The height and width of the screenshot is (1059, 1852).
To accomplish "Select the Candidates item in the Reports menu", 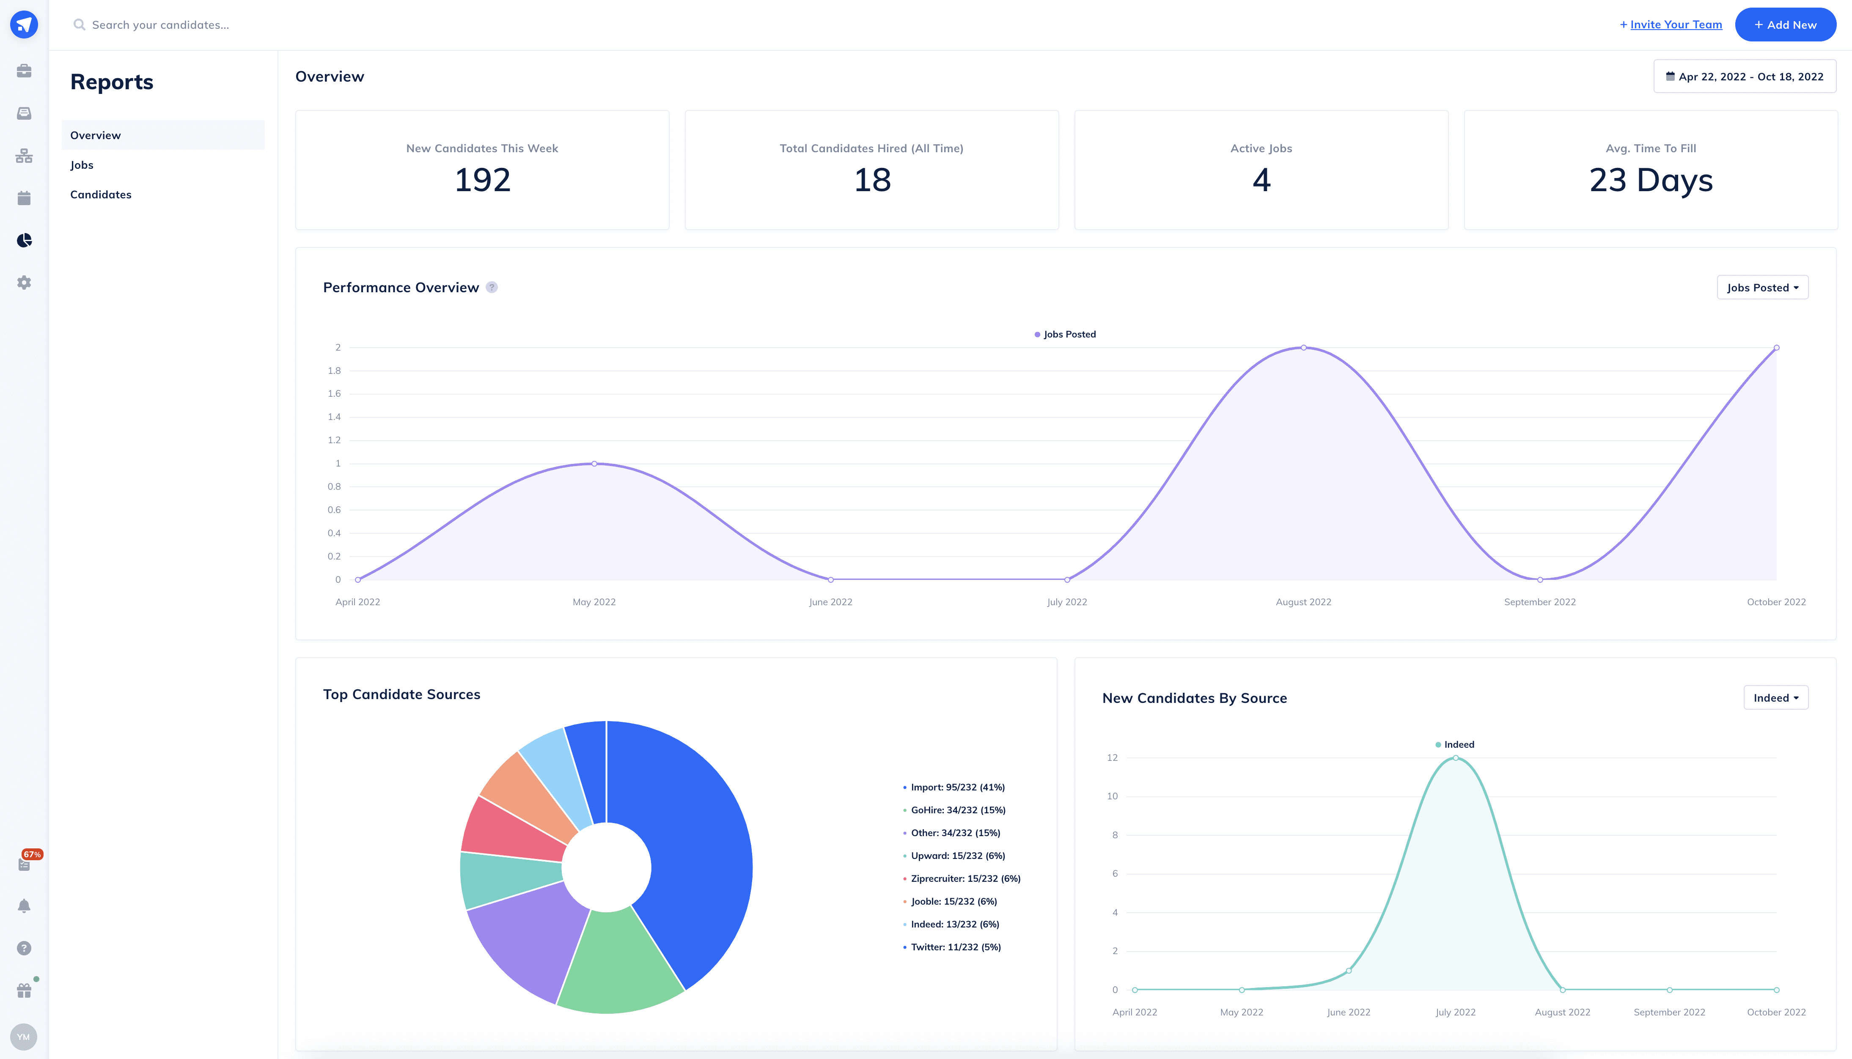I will coord(101,194).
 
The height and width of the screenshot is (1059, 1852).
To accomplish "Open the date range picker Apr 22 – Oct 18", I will coord(1745,77).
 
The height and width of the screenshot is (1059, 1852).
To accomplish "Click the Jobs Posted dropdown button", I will coord(1762,287).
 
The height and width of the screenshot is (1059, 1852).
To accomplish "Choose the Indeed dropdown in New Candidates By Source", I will coord(1775,697).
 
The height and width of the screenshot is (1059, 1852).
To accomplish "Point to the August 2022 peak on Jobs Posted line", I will coord(1303,348).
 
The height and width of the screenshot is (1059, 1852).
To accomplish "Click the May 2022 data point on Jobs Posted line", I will coord(594,464).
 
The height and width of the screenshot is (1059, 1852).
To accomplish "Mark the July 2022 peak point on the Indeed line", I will coord(1456,758).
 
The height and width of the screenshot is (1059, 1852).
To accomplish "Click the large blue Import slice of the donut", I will coord(691,837).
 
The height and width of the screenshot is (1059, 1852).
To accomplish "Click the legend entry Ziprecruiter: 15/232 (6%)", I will coord(965,878).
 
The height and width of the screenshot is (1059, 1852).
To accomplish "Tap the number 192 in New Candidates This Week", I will coord(482,180).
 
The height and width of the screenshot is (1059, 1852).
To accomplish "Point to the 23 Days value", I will coord(1651,180).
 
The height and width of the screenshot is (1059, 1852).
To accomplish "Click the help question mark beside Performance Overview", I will coord(492,287).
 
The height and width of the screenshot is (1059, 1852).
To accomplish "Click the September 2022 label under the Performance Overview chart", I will coord(1539,602).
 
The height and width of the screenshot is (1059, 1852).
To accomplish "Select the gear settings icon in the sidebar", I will coord(24,282).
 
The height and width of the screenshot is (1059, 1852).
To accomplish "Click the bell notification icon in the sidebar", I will coord(24,905).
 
